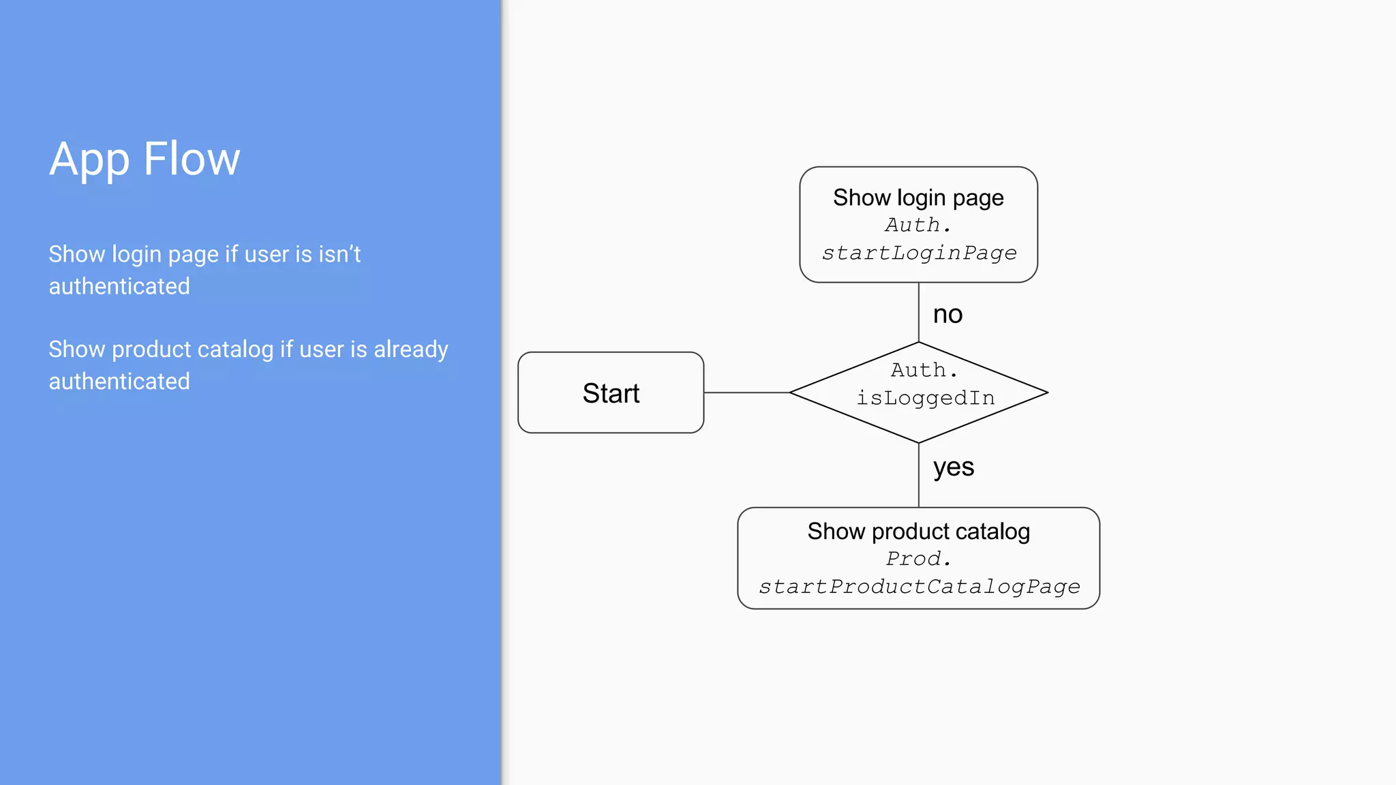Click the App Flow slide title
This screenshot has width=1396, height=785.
[145, 159]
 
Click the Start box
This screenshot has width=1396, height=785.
[611, 393]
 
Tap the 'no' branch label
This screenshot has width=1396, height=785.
[947, 314]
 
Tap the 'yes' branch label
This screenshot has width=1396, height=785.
[954, 467]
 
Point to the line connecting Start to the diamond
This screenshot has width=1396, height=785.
[746, 392]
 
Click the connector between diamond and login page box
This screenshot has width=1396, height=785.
[919, 312]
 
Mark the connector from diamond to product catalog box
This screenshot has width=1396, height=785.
[919, 475]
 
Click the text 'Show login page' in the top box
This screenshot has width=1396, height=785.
[918, 198]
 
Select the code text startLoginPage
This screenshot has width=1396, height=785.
[919, 253]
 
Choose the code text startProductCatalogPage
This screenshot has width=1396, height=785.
[919, 587]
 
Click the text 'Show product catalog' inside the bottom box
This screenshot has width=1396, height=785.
[918, 532]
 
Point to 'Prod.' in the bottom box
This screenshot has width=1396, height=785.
[918, 559]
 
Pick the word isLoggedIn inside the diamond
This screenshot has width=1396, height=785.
[925, 398]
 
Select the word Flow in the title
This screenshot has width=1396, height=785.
[192, 159]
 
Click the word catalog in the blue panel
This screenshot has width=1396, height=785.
[235, 350]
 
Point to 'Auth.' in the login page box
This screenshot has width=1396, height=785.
[918, 225]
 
